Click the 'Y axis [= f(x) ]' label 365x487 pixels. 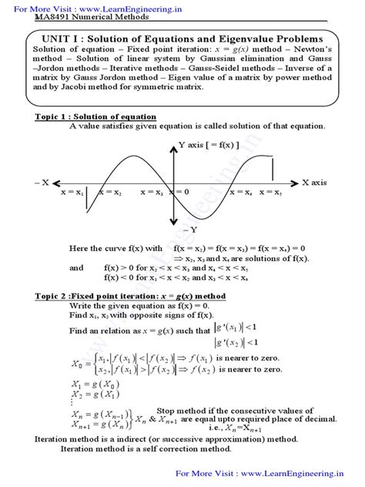pyautogui.click(x=209, y=144)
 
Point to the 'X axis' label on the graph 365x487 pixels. pyautogui.click(x=316, y=183)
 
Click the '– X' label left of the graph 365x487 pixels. pyautogui.click(x=41, y=183)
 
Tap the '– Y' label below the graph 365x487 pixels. pyautogui.click(x=188, y=230)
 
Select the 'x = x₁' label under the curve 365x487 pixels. pyautogui.click(x=72, y=192)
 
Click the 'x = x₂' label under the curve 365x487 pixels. pyautogui.click(x=107, y=192)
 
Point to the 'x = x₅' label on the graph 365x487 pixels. pyautogui.click(x=270, y=192)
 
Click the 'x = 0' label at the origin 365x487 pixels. pyautogui.click(x=179, y=192)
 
